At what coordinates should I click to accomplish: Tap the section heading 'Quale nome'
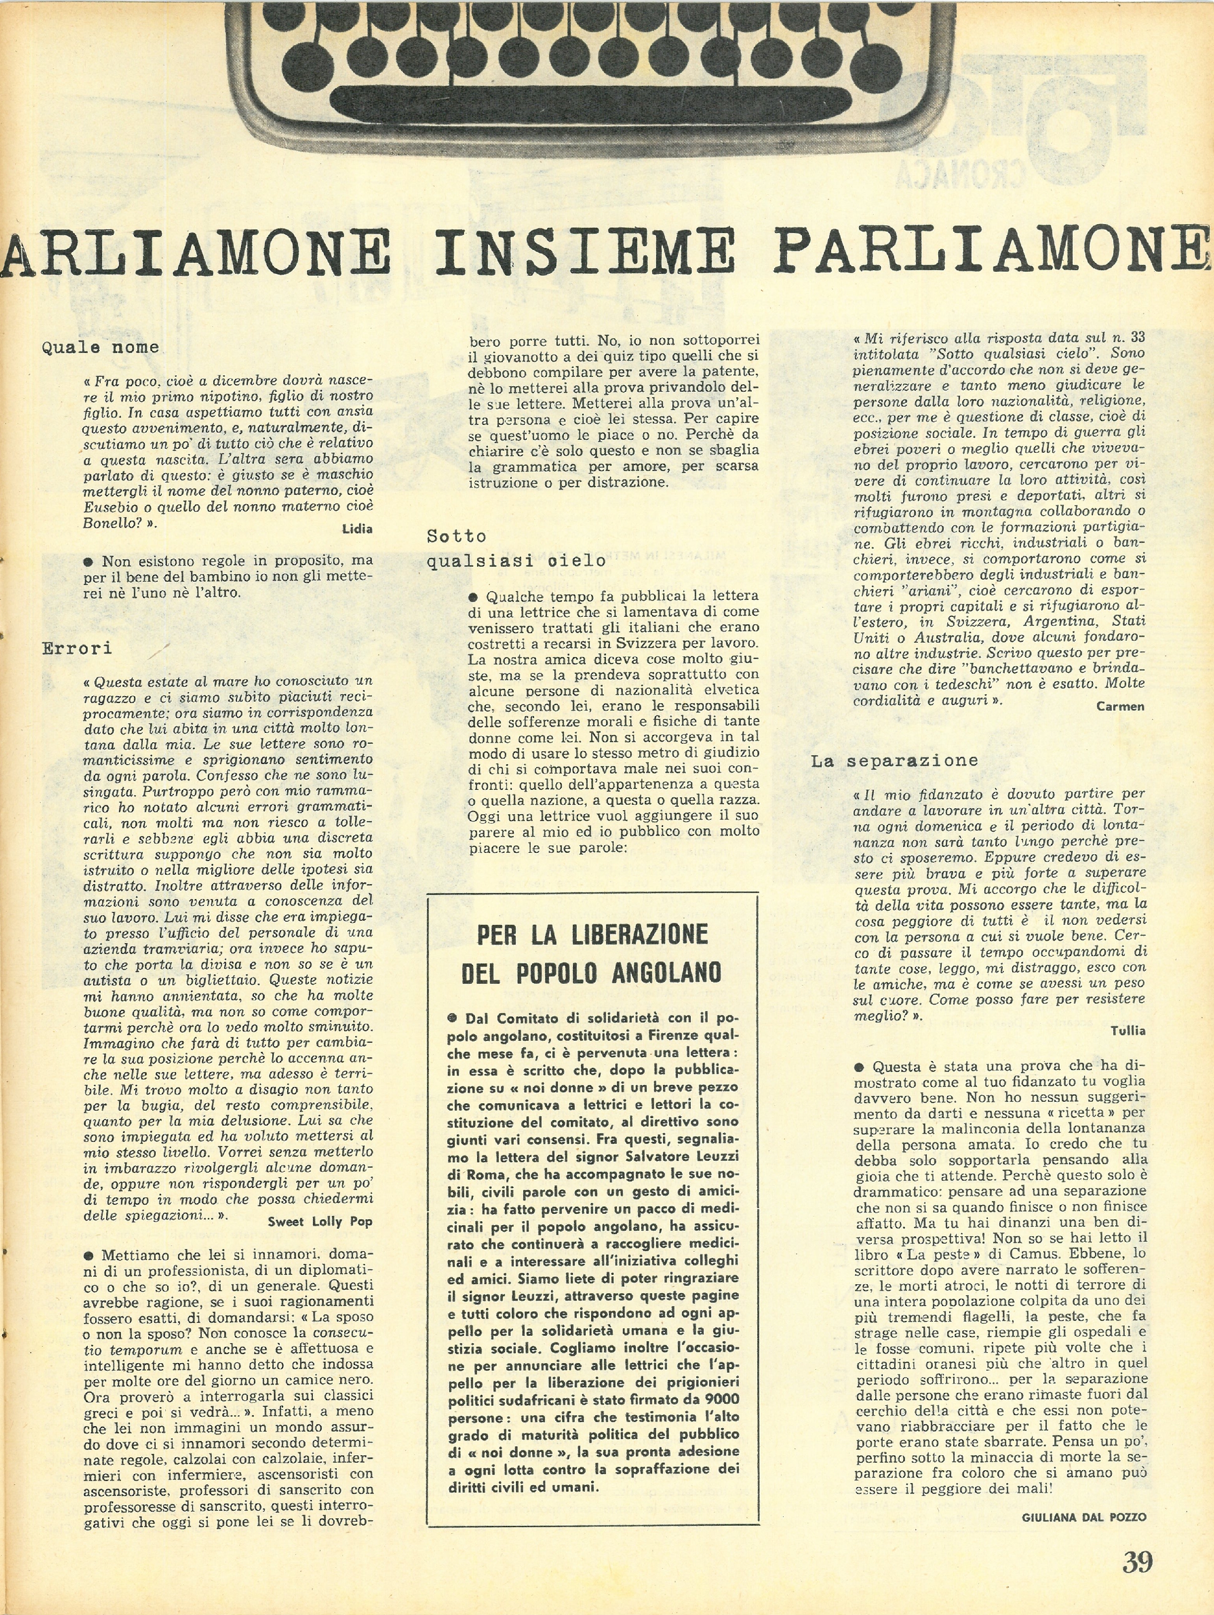click(x=100, y=348)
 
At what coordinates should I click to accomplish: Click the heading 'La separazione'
click(x=894, y=761)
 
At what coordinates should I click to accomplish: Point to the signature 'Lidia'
click(x=357, y=529)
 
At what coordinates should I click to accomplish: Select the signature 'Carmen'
click(x=1120, y=706)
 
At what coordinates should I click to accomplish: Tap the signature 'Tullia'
click(x=1128, y=1031)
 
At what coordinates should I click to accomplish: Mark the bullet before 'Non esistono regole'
click(x=88, y=561)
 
